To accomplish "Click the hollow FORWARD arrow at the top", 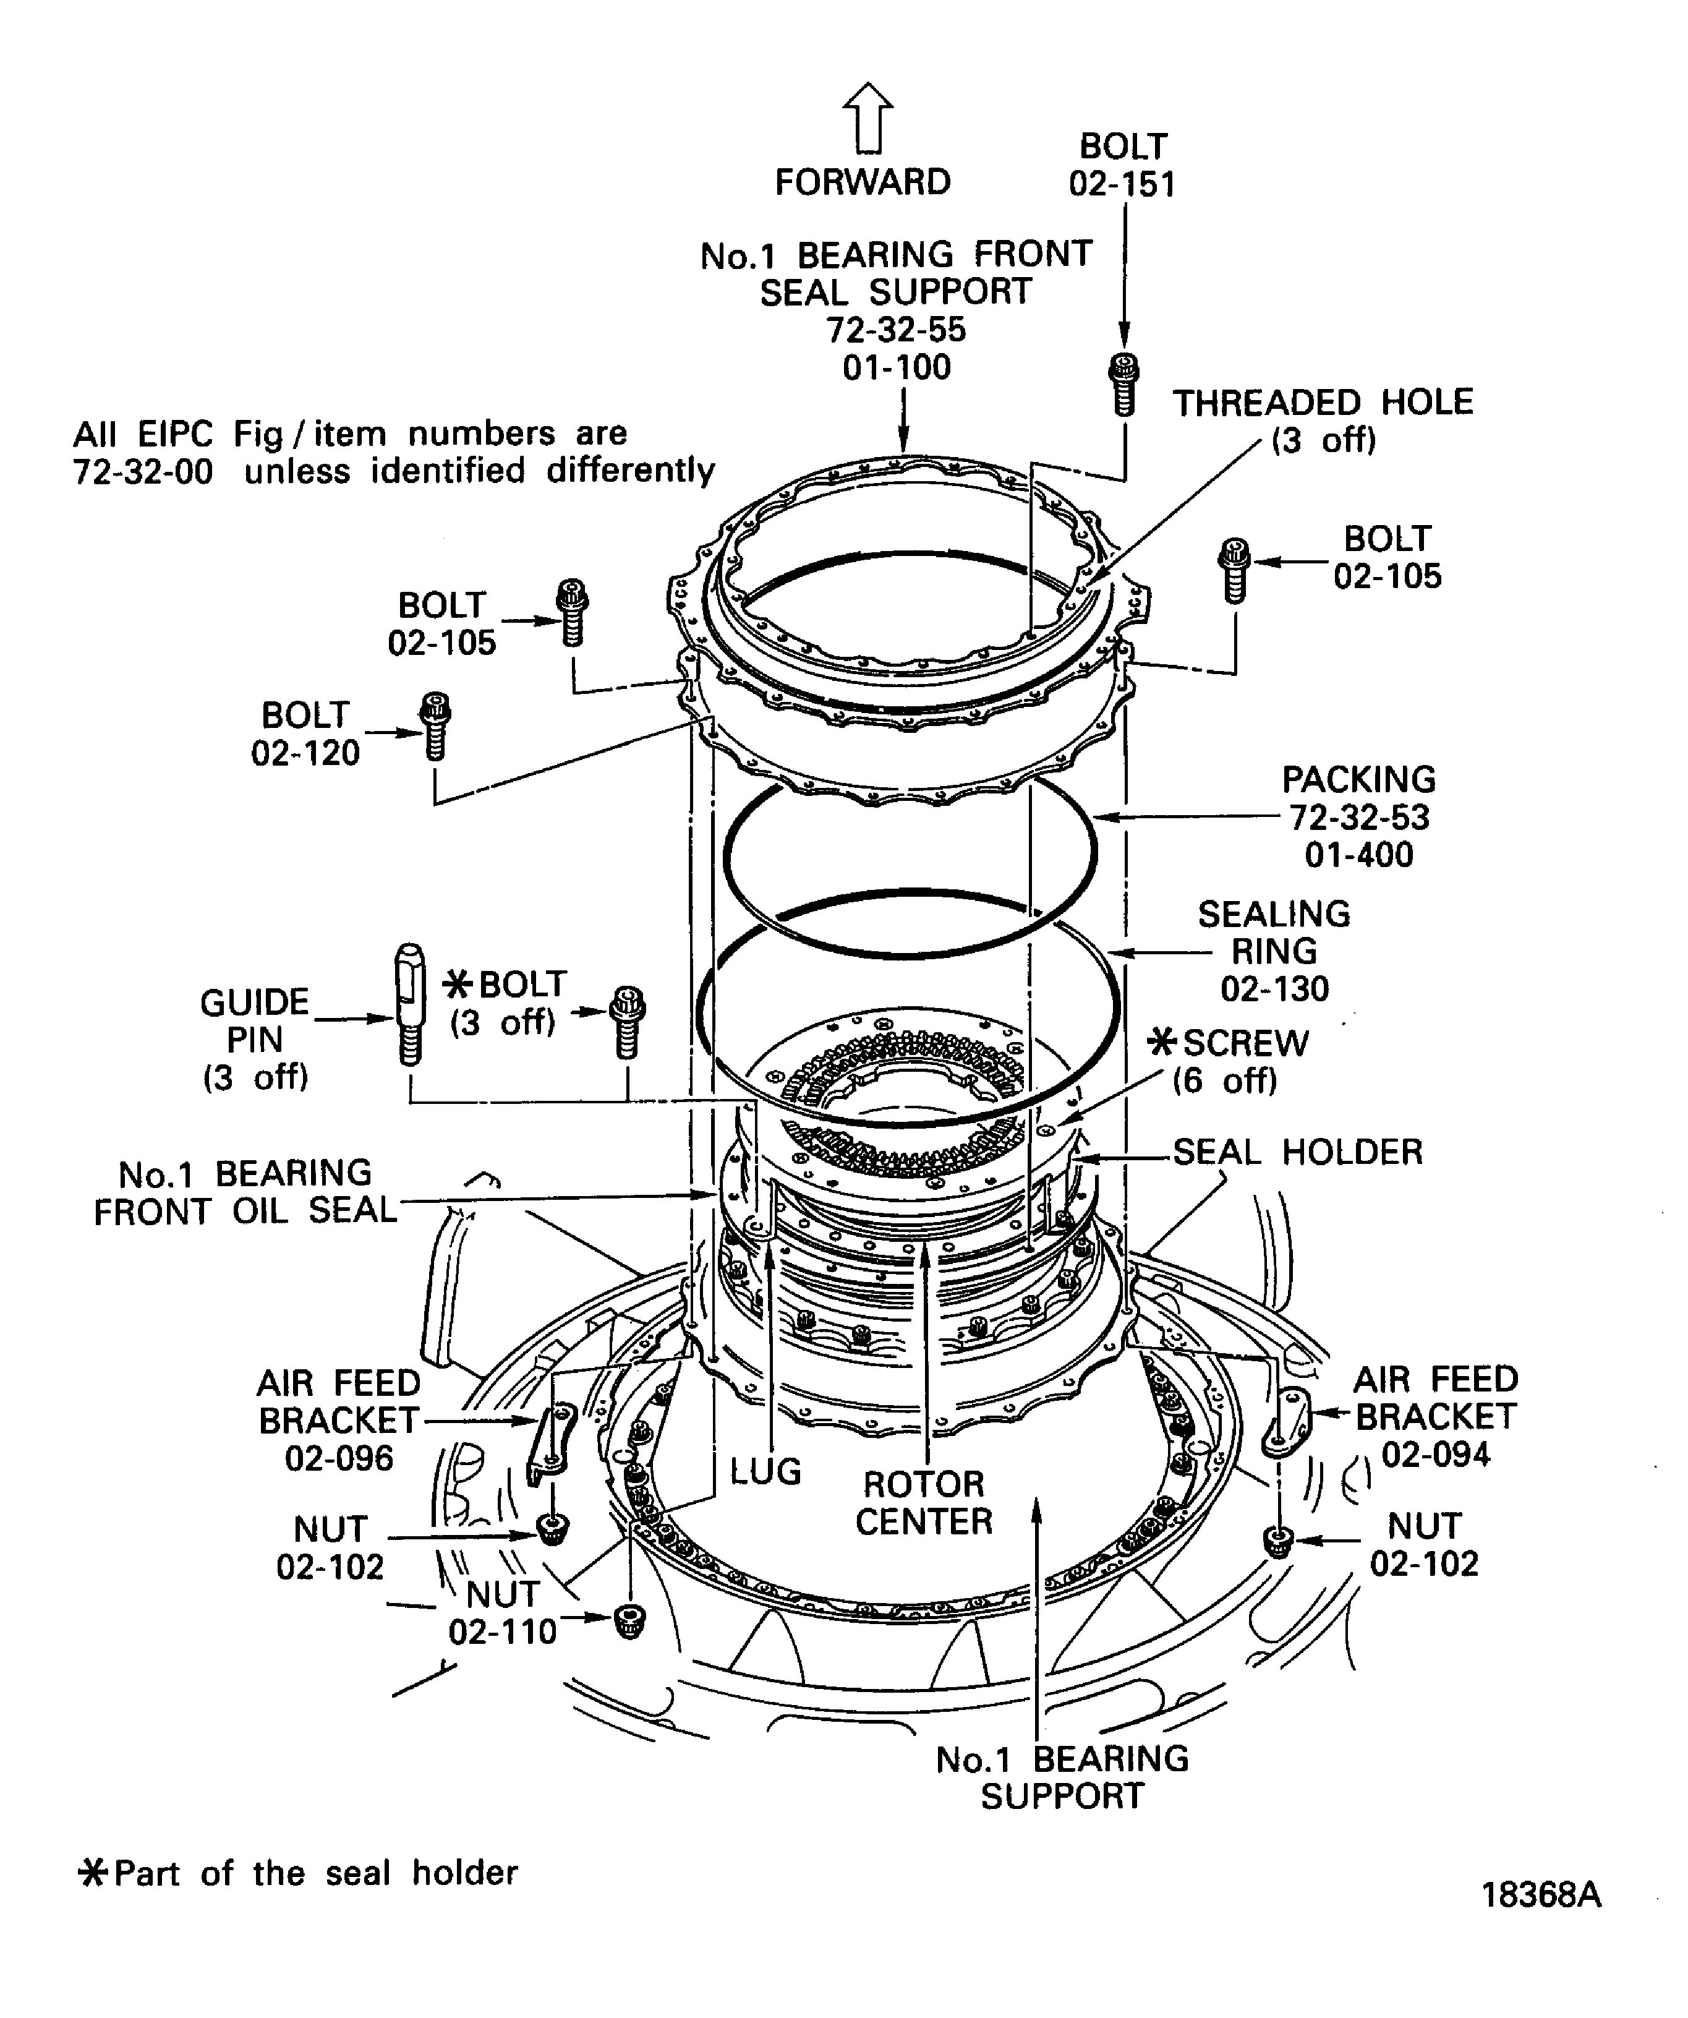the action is click(867, 118).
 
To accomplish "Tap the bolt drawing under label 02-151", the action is click(1124, 385).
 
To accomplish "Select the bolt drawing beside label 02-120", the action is click(435, 727).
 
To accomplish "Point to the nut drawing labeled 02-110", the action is click(629, 1621).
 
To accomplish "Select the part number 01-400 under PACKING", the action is click(1358, 854).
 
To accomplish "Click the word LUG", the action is click(765, 1471).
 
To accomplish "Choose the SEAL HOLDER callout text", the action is click(1298, 1151).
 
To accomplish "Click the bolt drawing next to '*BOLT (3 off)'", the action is click(628, 1022).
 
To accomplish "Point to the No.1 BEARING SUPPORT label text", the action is click(1062, 1778).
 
